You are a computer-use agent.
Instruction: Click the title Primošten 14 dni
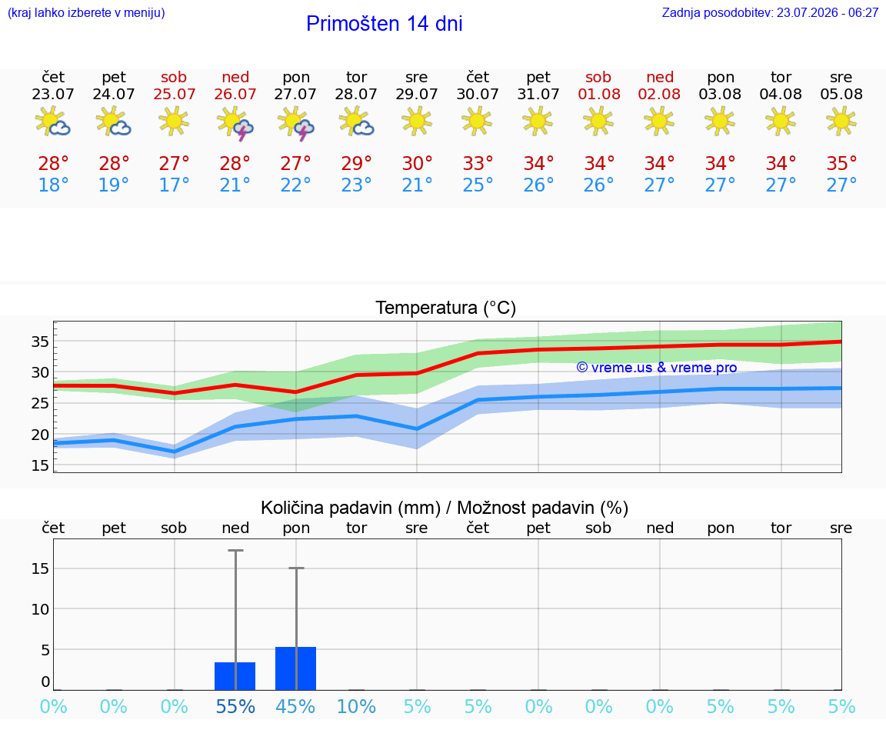click(385, 24)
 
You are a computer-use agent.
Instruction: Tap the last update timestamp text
click(770, 12)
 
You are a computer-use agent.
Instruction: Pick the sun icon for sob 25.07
click(174, 121)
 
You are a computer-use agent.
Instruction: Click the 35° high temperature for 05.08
click(841, 163)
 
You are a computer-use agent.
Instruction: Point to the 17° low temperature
click(174, 185)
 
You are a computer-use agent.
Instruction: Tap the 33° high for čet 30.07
click(478, 163)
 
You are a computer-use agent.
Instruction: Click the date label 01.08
click(599, 94)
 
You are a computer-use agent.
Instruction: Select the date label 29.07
click(416, 94)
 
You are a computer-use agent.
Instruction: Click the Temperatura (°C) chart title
click(446, 308)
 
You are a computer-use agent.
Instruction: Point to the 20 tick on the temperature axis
click(40, 435)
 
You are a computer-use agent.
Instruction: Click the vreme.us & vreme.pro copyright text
click(657, 368)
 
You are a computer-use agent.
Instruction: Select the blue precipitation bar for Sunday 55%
click(235, 676)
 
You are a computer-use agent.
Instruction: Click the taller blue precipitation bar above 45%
click(295, 668)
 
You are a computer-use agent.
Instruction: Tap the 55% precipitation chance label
click(235, 706)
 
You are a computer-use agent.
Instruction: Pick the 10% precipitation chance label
click(356, 706)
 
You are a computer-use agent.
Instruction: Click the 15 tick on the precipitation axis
click(40, 568)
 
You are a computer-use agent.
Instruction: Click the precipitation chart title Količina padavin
click(445, 508)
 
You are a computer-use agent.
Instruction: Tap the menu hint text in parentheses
click(86, 12)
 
